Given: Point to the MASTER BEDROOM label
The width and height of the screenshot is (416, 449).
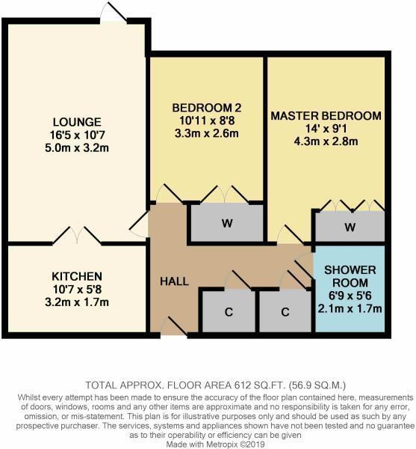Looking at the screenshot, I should (x=326, y=117).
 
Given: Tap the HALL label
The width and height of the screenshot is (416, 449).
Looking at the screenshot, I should (x=174, y=281).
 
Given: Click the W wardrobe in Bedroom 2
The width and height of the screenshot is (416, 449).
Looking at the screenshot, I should (x=226, y=223).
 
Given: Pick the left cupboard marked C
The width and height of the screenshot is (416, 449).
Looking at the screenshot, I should (x=227, y=312).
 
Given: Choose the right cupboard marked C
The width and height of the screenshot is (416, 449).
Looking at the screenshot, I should (x=285, y=312).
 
